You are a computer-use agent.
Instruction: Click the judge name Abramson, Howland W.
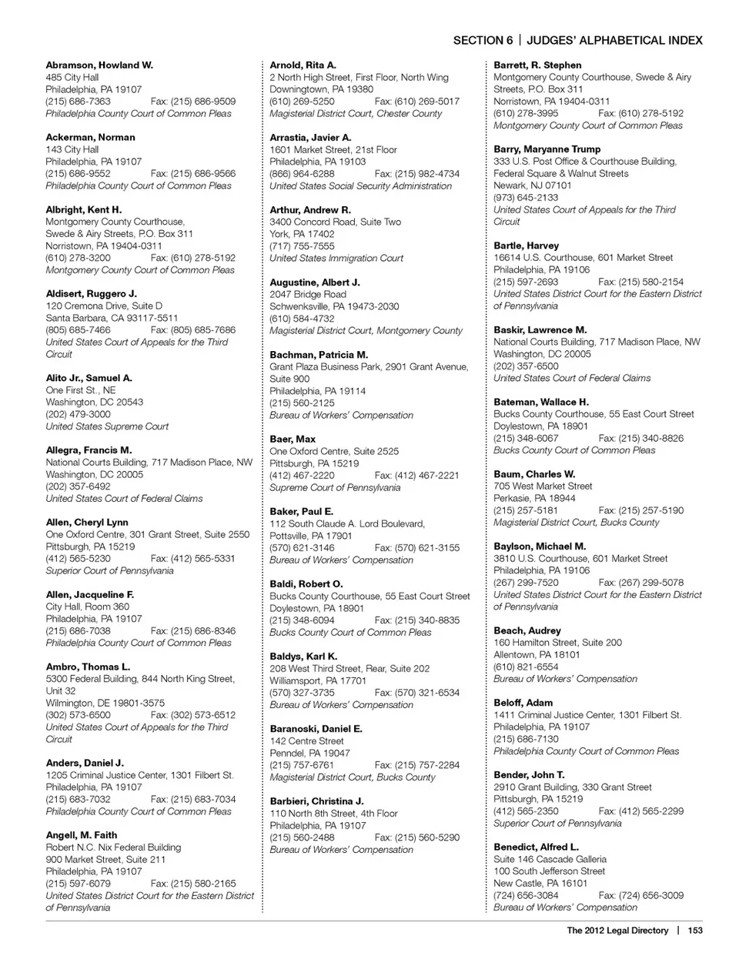99,65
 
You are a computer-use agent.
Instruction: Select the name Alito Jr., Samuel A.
89,378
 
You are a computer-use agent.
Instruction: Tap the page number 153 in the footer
695,931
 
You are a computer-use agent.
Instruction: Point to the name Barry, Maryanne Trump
547,149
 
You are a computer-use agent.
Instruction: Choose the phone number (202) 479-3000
78,414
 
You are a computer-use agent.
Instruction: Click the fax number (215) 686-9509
193,102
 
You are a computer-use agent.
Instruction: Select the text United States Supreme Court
107,426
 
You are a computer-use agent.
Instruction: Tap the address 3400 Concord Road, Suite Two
335,222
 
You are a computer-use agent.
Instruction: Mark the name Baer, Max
293,440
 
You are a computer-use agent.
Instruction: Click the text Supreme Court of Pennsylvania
335,488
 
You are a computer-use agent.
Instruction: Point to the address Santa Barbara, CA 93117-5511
112,318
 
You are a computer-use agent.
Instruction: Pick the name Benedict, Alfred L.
536,847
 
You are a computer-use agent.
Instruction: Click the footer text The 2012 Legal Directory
617,931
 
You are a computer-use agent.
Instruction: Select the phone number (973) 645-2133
526,198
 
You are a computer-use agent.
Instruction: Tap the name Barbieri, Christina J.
316,801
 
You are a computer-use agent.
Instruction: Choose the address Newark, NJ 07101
533,186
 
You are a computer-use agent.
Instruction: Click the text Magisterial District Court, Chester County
356,114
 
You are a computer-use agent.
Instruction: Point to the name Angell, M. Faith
82,835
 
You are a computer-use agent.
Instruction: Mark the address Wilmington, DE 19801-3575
105,704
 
